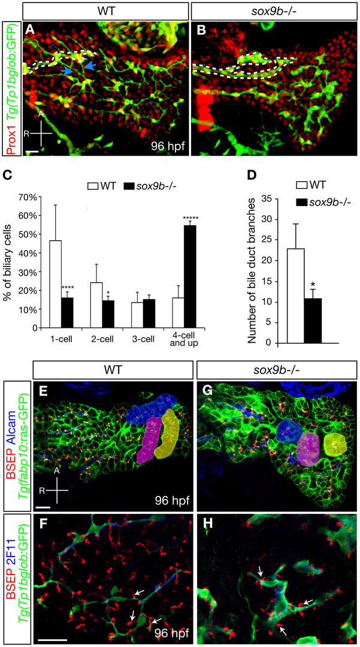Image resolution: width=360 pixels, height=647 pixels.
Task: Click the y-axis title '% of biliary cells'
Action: pos(11,262)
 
